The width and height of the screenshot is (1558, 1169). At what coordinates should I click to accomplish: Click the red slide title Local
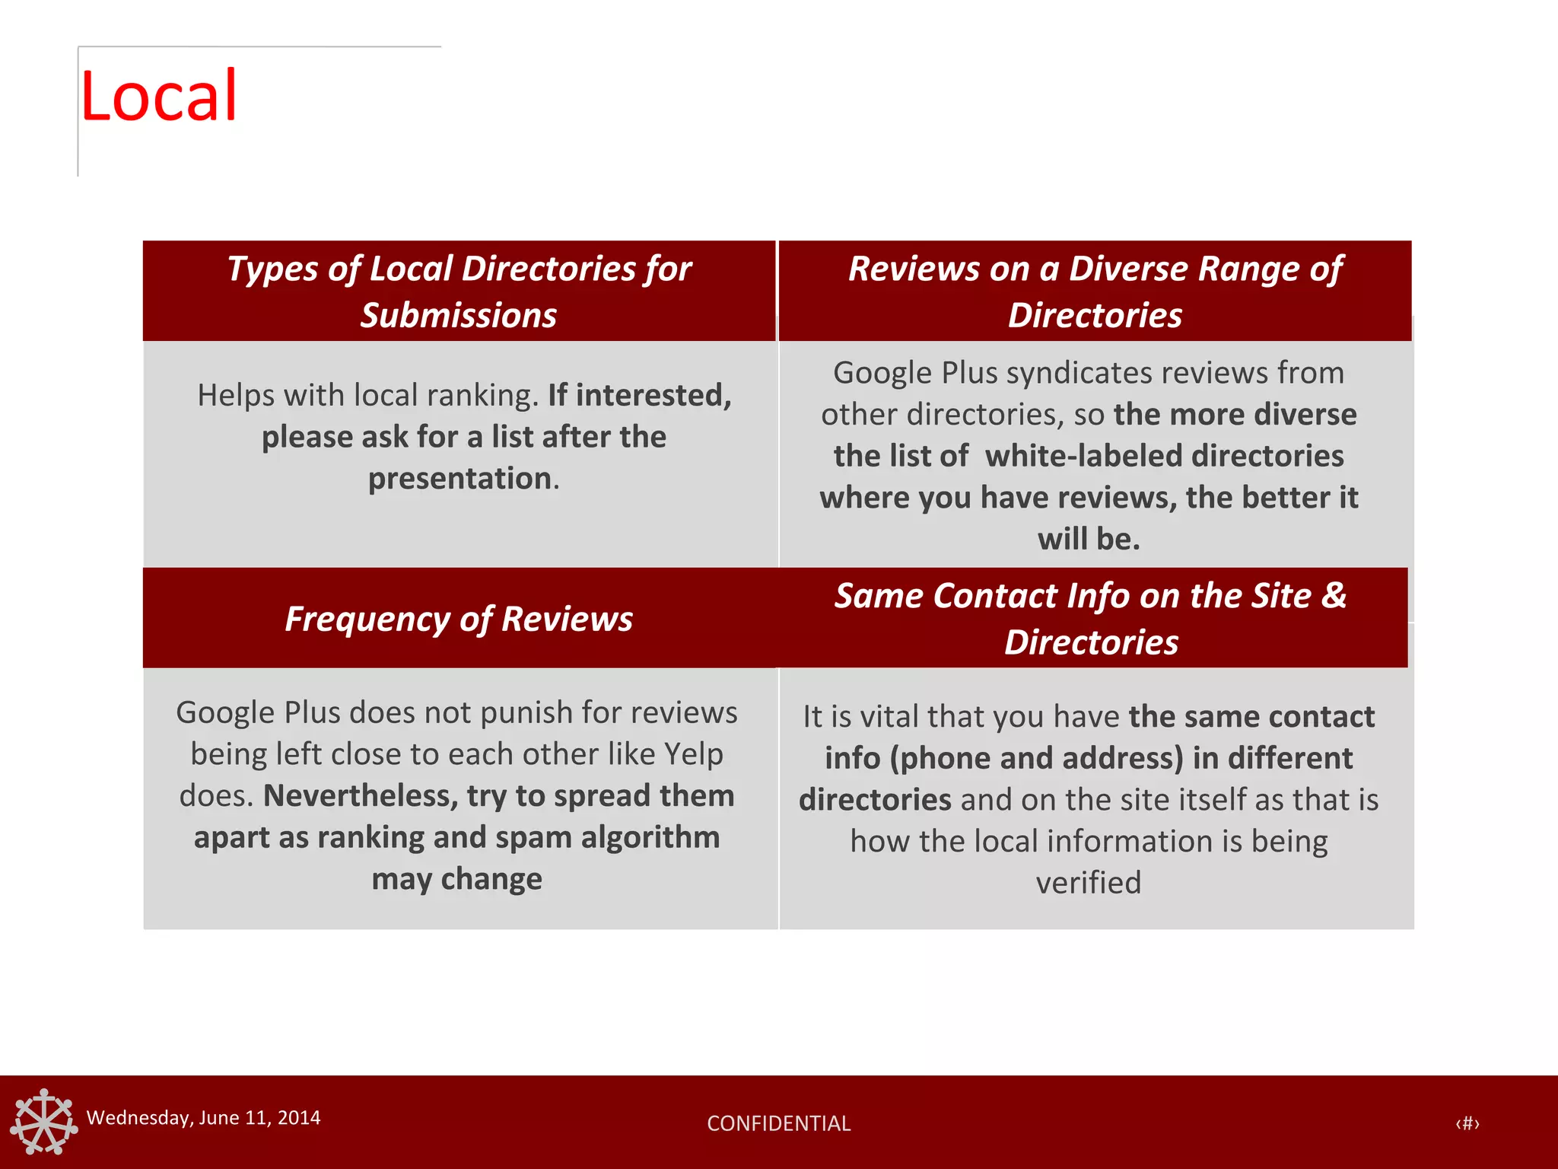tap(158, 97)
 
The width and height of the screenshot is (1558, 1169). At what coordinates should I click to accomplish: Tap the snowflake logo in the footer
tap(44, 1122)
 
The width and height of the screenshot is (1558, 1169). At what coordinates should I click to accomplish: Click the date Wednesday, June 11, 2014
tap(203, 1117)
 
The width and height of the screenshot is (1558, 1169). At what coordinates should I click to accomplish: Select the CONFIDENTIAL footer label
tap(778, 1123)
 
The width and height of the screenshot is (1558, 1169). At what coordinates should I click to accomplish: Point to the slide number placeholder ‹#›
tap(1467, 1123)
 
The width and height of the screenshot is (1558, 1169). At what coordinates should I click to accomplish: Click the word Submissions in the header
tap(459, 315)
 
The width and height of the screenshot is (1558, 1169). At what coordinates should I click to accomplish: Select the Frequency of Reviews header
tap(459, 619)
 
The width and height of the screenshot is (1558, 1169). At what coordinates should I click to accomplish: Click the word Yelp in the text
tap(693, 753)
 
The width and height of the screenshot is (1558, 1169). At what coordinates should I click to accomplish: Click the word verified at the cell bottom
tap(1088, 882)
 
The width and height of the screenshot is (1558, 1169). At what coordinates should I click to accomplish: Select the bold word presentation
tap(460, 478)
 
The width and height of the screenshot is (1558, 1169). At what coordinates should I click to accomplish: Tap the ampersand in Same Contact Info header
tap(1334, 595)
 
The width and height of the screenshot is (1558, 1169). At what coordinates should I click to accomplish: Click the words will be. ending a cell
tap(1088, 539)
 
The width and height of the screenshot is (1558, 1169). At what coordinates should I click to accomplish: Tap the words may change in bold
tap(456, 878)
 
